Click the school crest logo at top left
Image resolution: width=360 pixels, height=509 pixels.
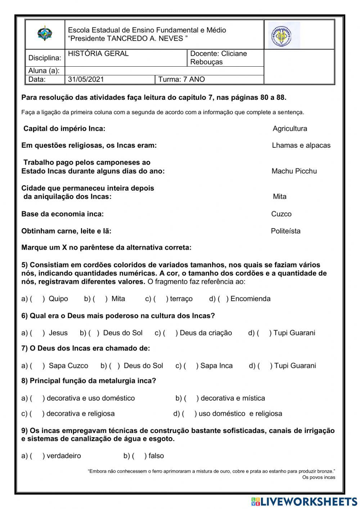[x=45, y=34]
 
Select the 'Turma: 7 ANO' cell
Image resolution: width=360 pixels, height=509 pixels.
[x=181, y=80]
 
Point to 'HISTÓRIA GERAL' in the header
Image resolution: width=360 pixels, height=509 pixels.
[x=98, y=54]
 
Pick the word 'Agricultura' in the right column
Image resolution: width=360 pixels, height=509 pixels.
[x=290, y=129]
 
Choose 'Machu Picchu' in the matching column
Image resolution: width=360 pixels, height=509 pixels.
[x=294, y=171]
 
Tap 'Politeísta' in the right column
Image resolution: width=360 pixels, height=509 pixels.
[x=285, y=231]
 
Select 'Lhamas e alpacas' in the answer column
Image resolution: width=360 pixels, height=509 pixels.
[x=301, y=146]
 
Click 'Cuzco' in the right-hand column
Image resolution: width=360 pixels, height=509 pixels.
[x=281, y=214]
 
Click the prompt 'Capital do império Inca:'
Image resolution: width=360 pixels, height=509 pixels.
[x=64, y=129]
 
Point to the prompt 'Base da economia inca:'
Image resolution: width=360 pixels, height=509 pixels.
[x=63, y=214]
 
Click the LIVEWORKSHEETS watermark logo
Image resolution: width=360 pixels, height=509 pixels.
[x=304, y=501]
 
